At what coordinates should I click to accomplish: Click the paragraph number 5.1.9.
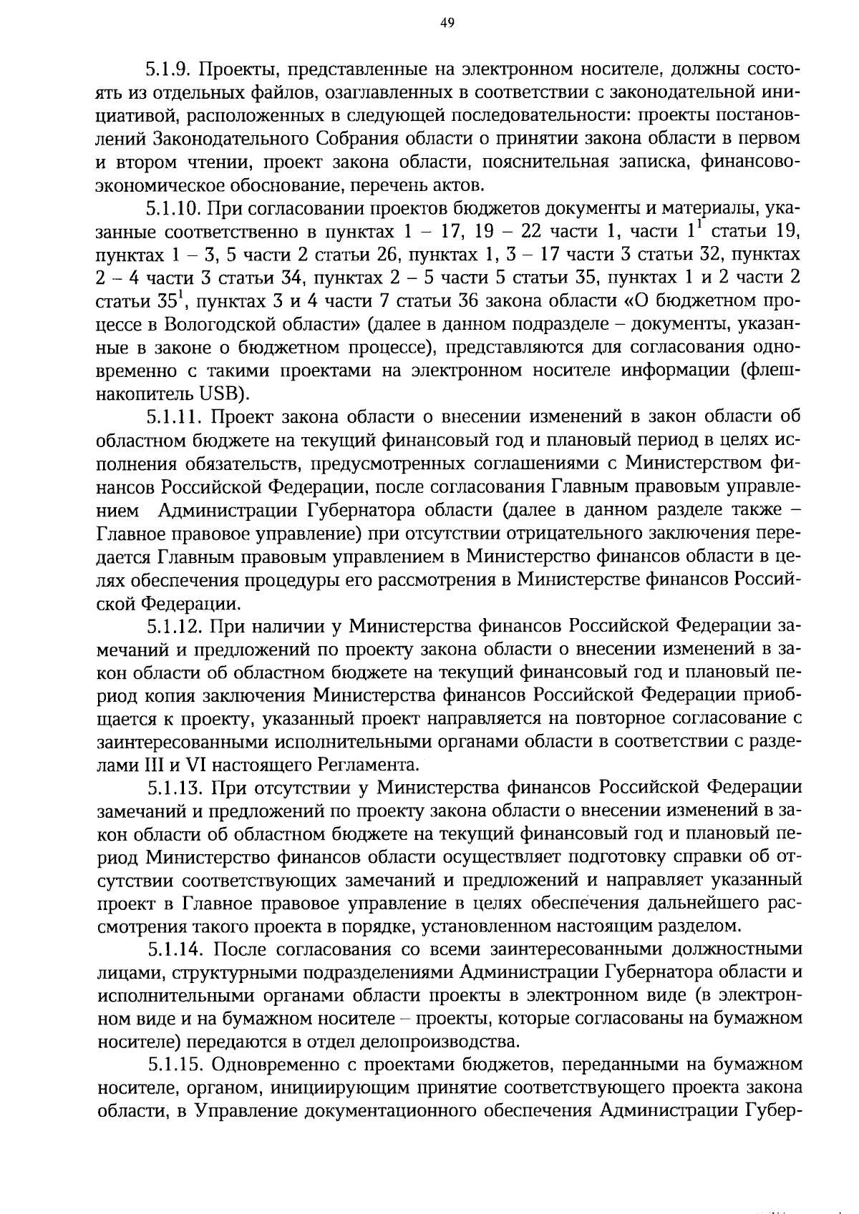170,69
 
